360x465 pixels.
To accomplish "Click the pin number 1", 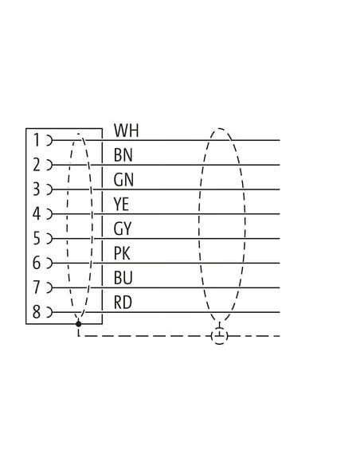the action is (x=37, y=140).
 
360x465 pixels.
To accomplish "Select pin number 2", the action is (x=37, y=165).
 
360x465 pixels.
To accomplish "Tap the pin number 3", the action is (x=37, y=190).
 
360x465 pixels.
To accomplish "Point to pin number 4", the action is (x=37, y=214).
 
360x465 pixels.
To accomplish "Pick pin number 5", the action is (x=37, y=238).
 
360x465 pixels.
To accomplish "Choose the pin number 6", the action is (x=37, y=263).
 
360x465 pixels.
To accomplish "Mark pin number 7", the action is (x=37, y=287).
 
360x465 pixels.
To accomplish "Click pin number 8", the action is (x=37, y=312).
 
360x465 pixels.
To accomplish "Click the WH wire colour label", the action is (x=127, y=131).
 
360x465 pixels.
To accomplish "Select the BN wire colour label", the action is (x=123, y=155).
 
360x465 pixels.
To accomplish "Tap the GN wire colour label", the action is (x=123, y=180).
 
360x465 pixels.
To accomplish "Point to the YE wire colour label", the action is (x=121, y=205).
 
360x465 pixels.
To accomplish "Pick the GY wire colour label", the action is (x=122, y=229).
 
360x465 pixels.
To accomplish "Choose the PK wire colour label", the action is (x=122, y=253).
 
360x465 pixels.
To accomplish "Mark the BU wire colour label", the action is (x=123, y=278).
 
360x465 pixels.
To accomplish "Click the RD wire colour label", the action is (x=123, y=303).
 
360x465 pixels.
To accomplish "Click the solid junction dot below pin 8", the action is (x=78, y=324).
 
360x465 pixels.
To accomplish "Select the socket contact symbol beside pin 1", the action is (x=49, y=140).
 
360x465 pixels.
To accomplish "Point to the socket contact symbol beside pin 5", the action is (x=49, y=238).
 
